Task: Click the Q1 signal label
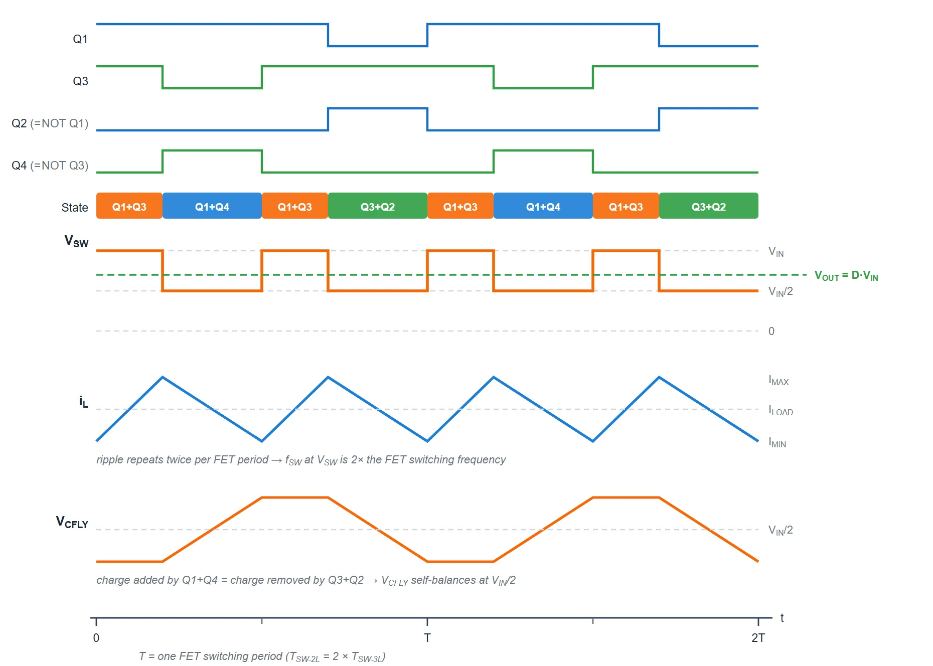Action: click(x=80, y=39)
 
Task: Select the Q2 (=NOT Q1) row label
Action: click(x=50, y=123)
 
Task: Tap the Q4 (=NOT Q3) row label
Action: click(x=50, y=165)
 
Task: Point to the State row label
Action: click(x=74, y=208)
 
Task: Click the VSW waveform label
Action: click(x=76, y=241)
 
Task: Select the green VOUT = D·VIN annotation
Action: click(x=846, y=276)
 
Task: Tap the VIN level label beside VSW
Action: click(x=776, y=252)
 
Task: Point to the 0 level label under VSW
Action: click(x=771, y=331)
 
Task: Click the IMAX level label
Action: click(x=779, y=380)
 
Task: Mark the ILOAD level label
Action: click(x=781, y=410)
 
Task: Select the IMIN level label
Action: click(x=777, y=442)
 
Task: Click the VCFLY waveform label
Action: click(x=72, y=522)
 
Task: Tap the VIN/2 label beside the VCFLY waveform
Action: click(x=781, y=530)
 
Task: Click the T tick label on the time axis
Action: click(x=427, y=638)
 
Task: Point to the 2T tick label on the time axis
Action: click(x=758, y=638)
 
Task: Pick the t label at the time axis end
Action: click(x=782, y=618)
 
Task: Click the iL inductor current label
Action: click(x=83, y=402)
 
